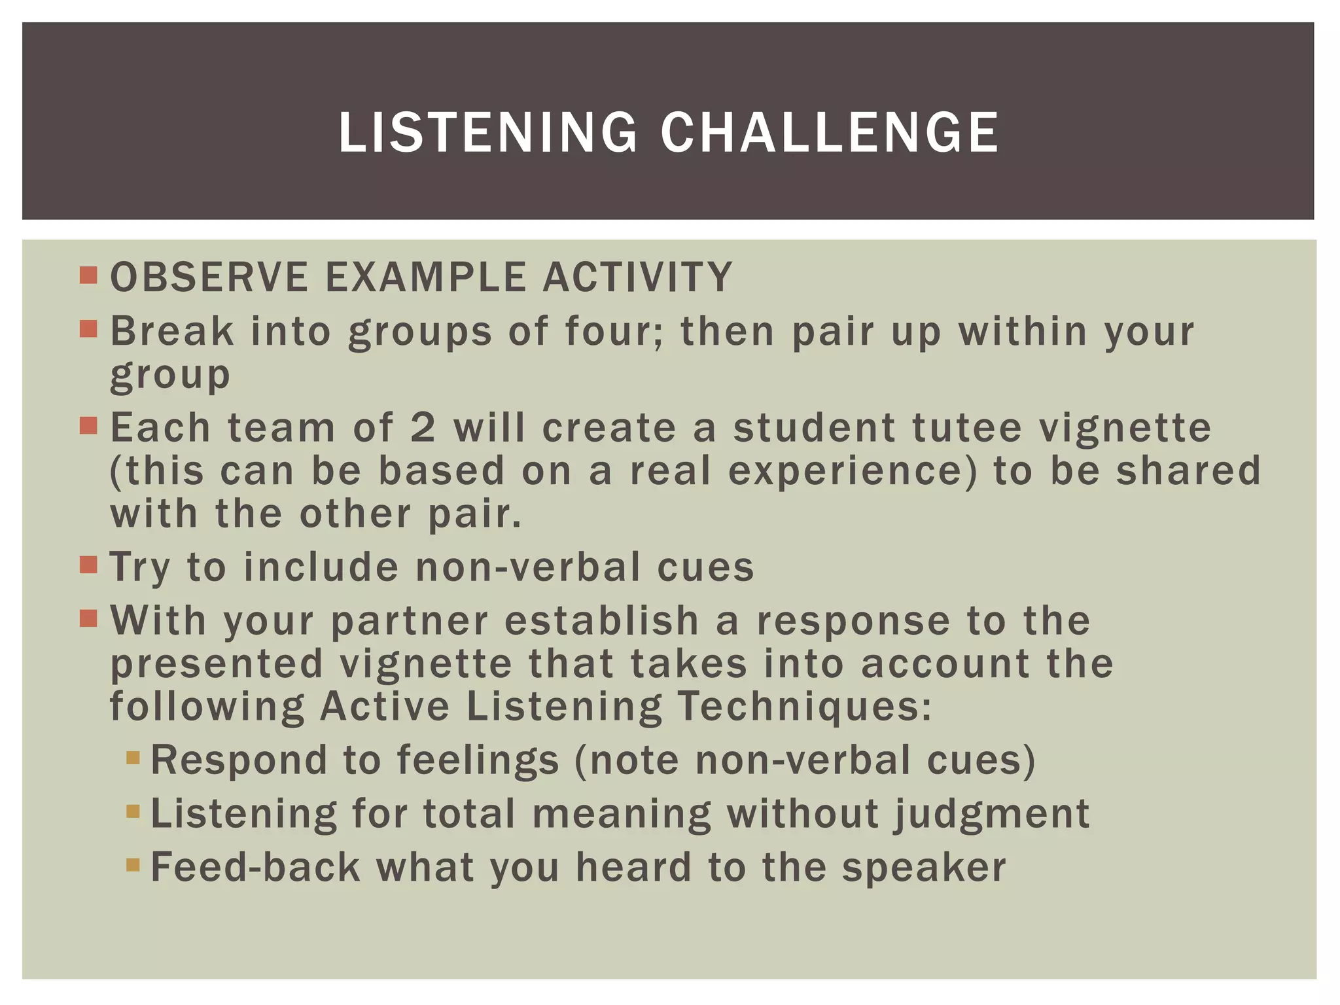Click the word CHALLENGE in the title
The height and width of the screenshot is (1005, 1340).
click(829, 133)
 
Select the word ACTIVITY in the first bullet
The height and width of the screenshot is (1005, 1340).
click(637, 277)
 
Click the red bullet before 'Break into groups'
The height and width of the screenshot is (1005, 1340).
click(88, 328)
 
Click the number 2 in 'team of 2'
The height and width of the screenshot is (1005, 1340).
click(423, 427)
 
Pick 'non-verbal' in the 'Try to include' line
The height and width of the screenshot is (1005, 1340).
click(528, 567)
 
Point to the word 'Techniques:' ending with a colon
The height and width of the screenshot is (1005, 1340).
click(804, 707)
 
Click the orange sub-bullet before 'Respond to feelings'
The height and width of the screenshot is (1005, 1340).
click(133, 758)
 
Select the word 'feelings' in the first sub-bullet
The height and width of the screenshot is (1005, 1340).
click(478, 760)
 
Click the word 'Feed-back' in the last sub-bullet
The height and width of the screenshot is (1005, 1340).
click(255, 868)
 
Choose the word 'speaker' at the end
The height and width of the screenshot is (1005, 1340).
click(923, 868)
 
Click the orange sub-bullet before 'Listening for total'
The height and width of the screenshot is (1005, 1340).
click(133, 812)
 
